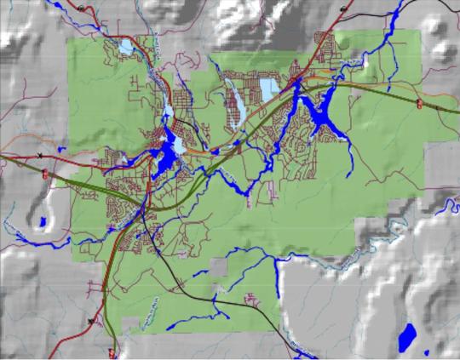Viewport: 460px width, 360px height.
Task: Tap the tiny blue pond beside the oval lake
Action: click(425, 351)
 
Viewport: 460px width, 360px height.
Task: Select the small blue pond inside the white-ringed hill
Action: click(42, 223)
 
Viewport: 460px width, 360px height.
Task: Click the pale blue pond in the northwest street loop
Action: click(125, 48)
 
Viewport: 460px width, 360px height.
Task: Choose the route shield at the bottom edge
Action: click(112, 351)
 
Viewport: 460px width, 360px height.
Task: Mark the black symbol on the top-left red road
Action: click(80, 7)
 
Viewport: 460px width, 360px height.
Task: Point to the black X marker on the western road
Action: click(40, 155)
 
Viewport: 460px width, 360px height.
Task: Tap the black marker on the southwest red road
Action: click(90, 321)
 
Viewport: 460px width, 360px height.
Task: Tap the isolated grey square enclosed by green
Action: click(220, 267)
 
